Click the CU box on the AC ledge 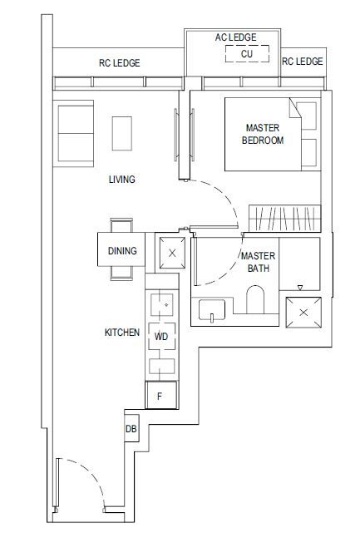pyautogui.click(x=247, y=54)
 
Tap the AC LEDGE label pyautogui.click(x=235, y=37)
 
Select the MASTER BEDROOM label pyautogui.click(x=263, y=134)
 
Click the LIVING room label pyautogui.click(x=122, y=179)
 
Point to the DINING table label pyautogui.click(x=122, y=251)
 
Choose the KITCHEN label pyautogui.click(x=122, y=333)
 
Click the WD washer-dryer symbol pyautogui.click(x=161, y=336)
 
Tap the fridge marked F pyautogui.click(x=161, y=395)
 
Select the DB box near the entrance pyautogui.click(x=131, y=428)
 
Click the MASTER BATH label pyautogui.click(x=258, y=262)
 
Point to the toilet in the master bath pyautogui.click(x=255, y=299)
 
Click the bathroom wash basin pyautogui.click(x=212, y=310)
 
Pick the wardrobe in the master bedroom pyautogui.click(x=284, y=218)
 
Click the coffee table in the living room pyautogui.click(x=122, y=133)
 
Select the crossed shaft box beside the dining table pyautogui.click(x=172, y=253)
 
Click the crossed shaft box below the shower pyautogui.click(x=303, y=313)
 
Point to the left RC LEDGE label pyautogui.click(x=120, y=63)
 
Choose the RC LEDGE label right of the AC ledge pyautogui.click(x=303, y=62)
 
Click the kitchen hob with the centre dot pyautogui.click(x=162, y=305)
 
